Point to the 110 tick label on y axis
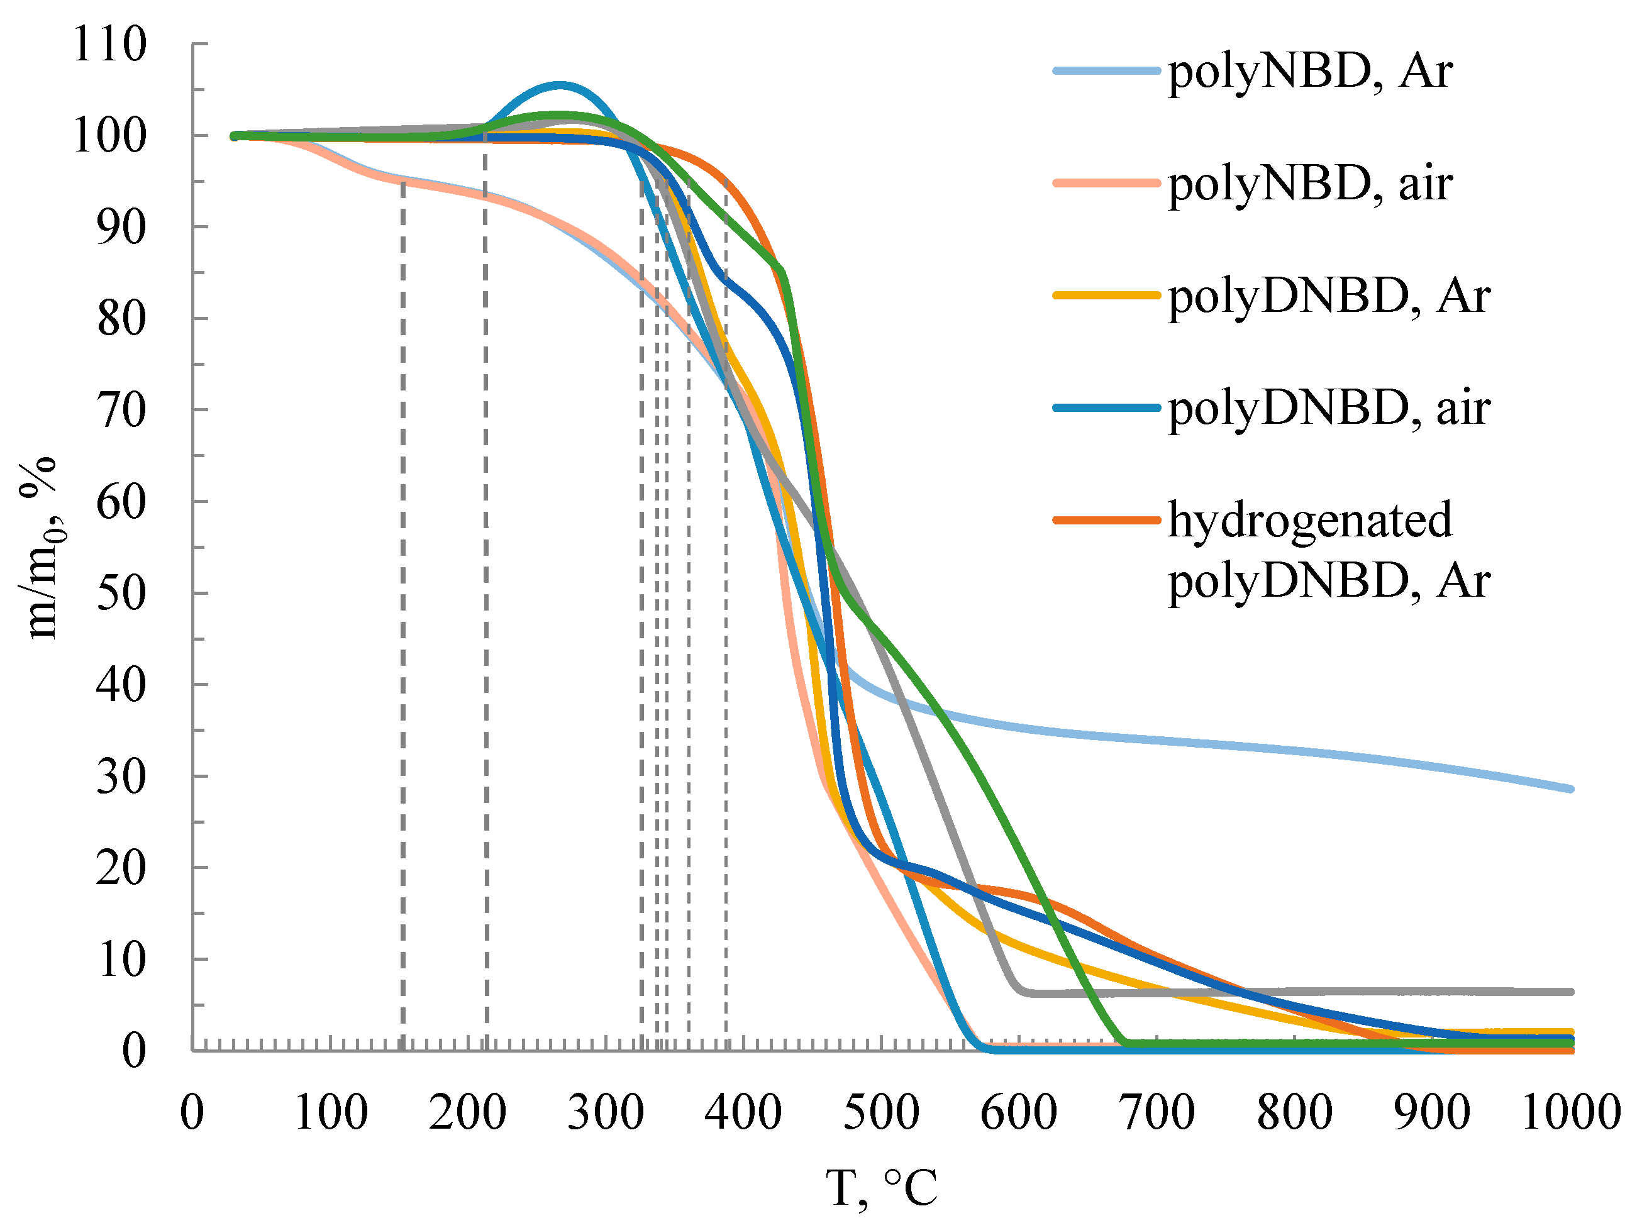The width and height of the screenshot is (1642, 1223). click(109, 45)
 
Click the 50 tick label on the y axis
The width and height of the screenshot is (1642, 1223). click(121, 593)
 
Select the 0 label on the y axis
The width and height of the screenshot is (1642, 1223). click(134, 1049)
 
